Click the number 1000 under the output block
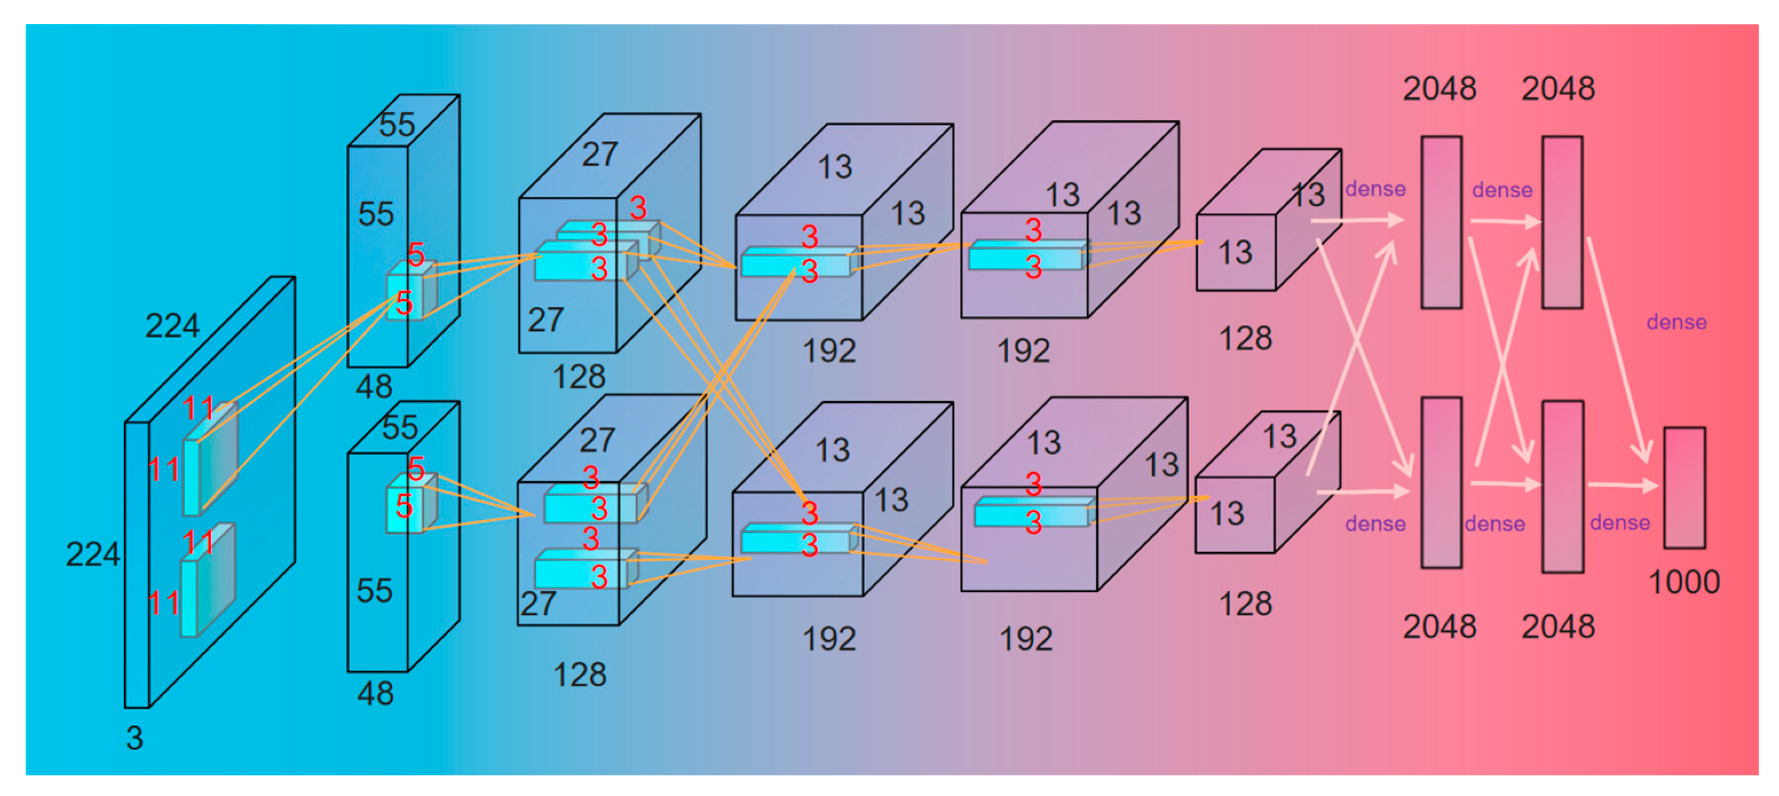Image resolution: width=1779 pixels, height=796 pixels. pyautogui.click(x=1684, y=582)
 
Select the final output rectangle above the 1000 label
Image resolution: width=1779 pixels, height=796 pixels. pyautogui.click(x=1685, y=488)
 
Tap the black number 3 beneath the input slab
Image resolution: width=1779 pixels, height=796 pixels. pyautogui.click(x=135, y=737)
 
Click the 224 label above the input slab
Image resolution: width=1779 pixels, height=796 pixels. pyautogui.click(x=172, y=325)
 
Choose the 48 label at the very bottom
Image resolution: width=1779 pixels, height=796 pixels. pyautogui.click(x=375, y=693)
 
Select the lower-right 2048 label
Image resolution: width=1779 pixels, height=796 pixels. pyautogui.click(x=1559, y=626)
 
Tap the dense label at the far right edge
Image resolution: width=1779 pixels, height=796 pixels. pyautogui.click(x=1677, y=322)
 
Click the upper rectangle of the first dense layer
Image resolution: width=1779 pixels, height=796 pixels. pyautogui.click(x=1441, y=221)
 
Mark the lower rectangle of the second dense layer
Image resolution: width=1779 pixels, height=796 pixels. pyautogui.click(x=1563, y=487)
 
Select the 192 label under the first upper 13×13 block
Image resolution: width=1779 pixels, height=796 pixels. pyautogui.click(x=829, y=351)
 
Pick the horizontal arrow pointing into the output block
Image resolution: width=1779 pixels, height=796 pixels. pyautogui.click(x=1623, y=485)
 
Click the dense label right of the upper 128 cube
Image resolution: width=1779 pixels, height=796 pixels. pyautogui.click(x=1375, y=188)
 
